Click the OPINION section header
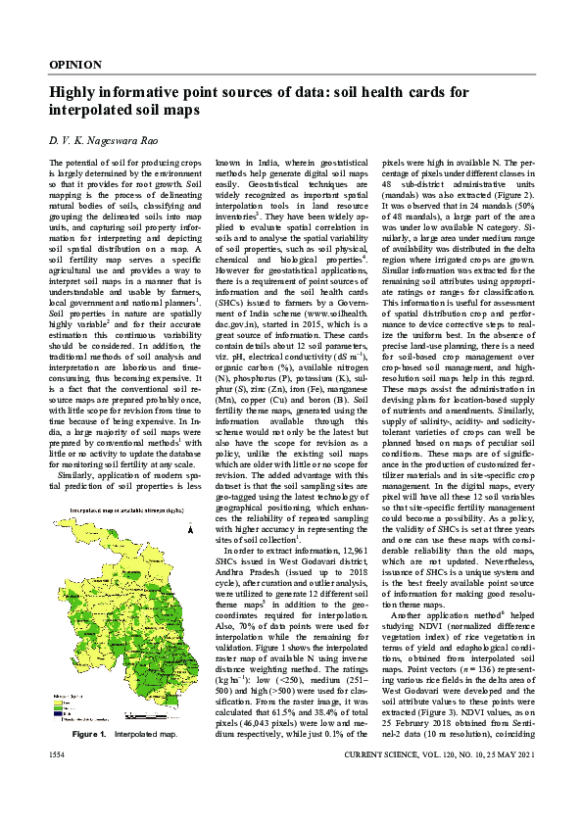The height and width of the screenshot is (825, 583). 74,65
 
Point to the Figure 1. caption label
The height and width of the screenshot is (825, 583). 93,760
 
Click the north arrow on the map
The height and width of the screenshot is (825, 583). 187,530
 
